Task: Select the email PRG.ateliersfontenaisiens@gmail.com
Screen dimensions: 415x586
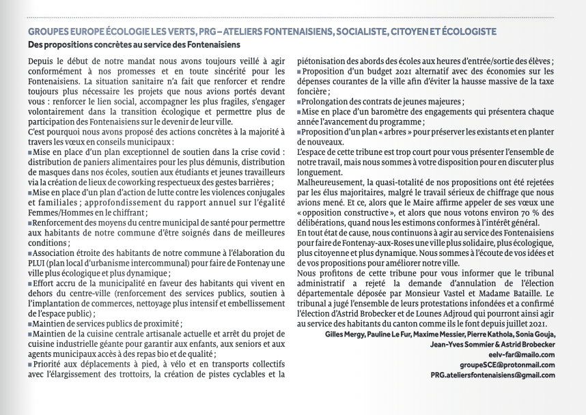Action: click(x=492, y=375)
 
